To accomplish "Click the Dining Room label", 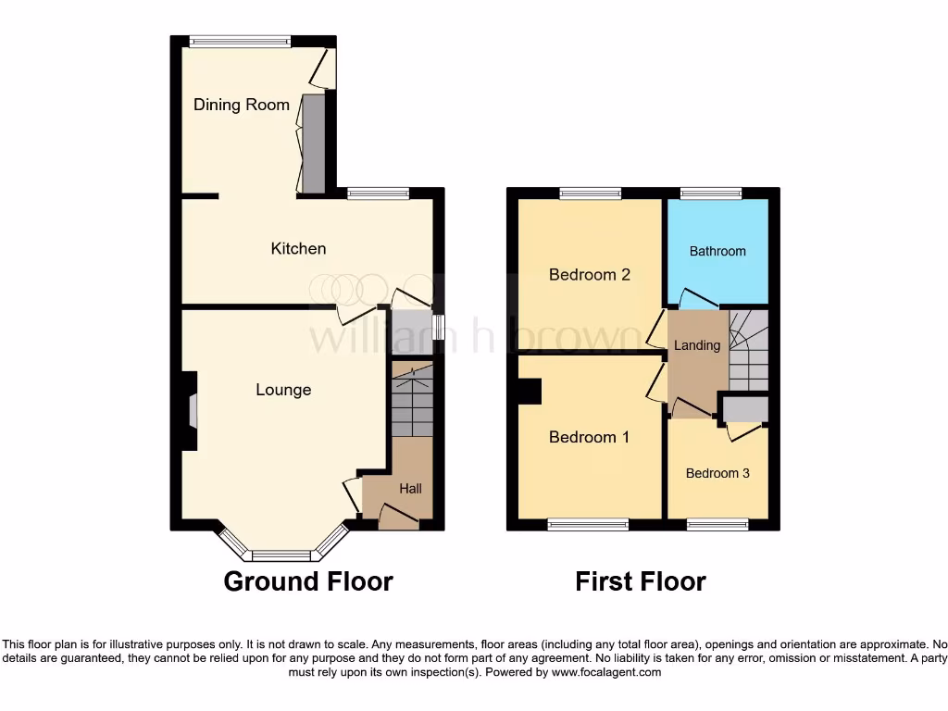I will pos(241,105).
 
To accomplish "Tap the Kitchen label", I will pos(298,248).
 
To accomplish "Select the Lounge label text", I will pos(283,390).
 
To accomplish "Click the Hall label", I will pos(410,488).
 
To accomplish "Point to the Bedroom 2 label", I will pos(589,275).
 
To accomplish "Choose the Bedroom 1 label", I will pos(589,437).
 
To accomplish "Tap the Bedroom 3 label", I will pos(717,473).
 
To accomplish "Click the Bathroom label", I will pos(717,251).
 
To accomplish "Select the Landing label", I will pos(697,345).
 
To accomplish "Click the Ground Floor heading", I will pos(308,581).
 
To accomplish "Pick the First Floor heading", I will pos(641,581).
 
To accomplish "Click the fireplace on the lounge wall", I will pos(192,411).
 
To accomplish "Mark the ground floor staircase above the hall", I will pos(412,400).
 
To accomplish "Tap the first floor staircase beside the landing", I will pos(749,351).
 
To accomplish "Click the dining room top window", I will pos(240,41).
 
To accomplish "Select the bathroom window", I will pos(711,193).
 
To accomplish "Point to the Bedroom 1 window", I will pos(588,525).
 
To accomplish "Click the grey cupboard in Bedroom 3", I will pos(745,408).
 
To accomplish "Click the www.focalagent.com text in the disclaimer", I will pos(605,673).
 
